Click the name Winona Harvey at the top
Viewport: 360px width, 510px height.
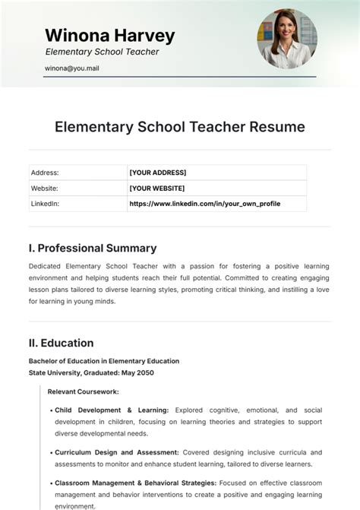point(109,35)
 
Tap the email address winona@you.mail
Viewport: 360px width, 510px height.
point(72,68)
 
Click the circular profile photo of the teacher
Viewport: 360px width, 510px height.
point(287,39)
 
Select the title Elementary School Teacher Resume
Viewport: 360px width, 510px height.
point(180,126)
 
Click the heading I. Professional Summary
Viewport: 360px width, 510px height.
point(93,248)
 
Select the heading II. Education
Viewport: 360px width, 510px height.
point(61,343)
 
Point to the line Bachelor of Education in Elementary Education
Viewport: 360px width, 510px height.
point(104,361)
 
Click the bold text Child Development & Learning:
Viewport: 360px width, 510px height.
point(112,410)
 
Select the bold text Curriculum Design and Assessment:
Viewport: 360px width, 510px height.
point(117,452)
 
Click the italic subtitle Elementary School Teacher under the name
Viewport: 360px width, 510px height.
point(102,52)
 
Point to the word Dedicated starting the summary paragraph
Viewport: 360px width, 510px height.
point(46,266)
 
